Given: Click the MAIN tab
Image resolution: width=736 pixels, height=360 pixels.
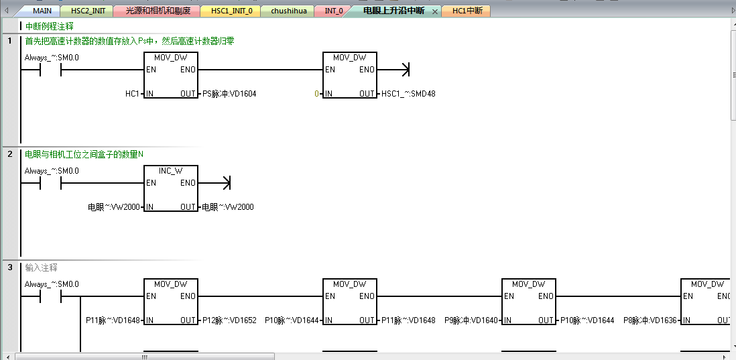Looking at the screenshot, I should pyautogui.click(x=42, y=11).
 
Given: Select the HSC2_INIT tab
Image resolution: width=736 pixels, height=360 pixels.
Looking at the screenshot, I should pyautogui.click(x=88, y=11).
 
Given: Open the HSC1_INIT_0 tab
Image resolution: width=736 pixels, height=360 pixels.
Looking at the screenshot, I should pyautogui.click(x=231, y=11).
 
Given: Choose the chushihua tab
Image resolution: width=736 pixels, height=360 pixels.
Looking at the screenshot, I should pyautogui.click(x=289, y=11).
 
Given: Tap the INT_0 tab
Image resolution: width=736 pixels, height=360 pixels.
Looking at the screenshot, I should pyautogui.click(x=333, y=11).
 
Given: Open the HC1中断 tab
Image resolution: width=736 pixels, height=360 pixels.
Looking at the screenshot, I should pyautogui.click(x=467, y=11).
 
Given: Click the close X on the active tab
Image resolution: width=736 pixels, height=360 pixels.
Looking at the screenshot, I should pyautogui.click(x=434, y=11).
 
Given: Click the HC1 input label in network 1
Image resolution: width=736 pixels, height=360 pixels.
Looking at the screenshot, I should pyautogui.click(x=132, y=94).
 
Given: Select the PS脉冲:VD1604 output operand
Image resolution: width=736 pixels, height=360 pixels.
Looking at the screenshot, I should pyautogui.click(x=229, y=94).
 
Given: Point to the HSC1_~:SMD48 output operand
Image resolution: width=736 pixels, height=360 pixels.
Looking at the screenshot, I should pyautogui.click(x=408, y=94).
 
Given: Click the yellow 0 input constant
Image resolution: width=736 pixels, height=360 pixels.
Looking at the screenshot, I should pyautogui.click(x=316, y=94).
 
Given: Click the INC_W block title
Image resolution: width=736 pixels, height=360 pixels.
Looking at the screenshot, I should pyautogui.click(x=171, y=171).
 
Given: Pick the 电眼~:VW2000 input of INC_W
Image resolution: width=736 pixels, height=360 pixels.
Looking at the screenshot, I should pyautogui.click(x=114, y=207).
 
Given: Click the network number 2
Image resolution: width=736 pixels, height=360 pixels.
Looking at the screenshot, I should pyautogui.click(x=9, y=154).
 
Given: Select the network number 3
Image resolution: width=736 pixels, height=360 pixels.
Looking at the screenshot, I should pyautogui.click(x=9, y=267).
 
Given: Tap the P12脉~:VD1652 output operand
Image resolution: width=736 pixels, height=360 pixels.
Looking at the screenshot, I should pyautogui.click(x=229, y=320).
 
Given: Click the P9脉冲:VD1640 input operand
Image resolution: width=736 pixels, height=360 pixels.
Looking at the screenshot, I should pyautogui.click(x=471, y=320).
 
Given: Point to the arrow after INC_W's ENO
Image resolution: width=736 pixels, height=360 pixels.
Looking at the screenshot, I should pyautogui.click(x=226, y=182).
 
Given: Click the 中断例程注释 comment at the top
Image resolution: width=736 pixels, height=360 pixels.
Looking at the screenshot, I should pyautogui.click(x=49, y=26).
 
